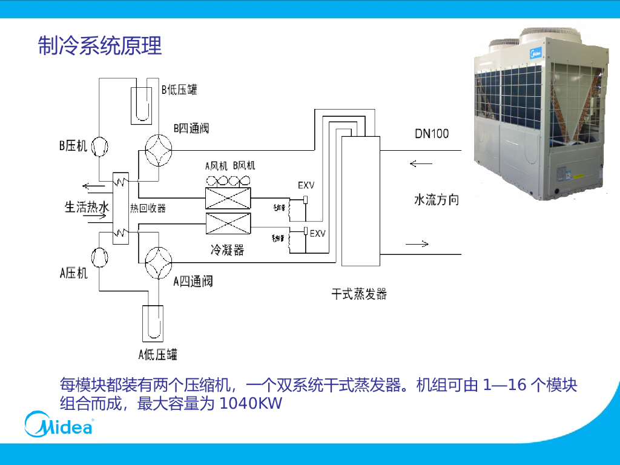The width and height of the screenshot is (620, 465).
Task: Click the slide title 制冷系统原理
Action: click(100, 46)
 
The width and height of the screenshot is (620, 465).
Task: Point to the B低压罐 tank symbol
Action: click(143, 105)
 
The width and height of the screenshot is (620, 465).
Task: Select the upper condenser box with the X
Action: click(228, 198)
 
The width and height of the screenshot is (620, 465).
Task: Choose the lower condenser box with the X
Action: click(228, 225)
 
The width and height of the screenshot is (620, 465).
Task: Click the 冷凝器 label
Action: click(227, 249)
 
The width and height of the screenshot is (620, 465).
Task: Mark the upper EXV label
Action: click(306, 185)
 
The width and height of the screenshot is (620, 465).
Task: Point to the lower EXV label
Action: click(317, 233)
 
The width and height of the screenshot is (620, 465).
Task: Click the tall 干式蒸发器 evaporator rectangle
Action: click(360, 201)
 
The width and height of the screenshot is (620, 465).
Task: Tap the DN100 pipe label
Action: click(432, 133)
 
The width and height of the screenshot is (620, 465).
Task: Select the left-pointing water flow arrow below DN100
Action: click(421, 163)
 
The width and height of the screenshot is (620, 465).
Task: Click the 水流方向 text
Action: click(436, 200)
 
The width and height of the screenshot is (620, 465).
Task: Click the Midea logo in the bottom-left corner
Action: click(59, 425)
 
